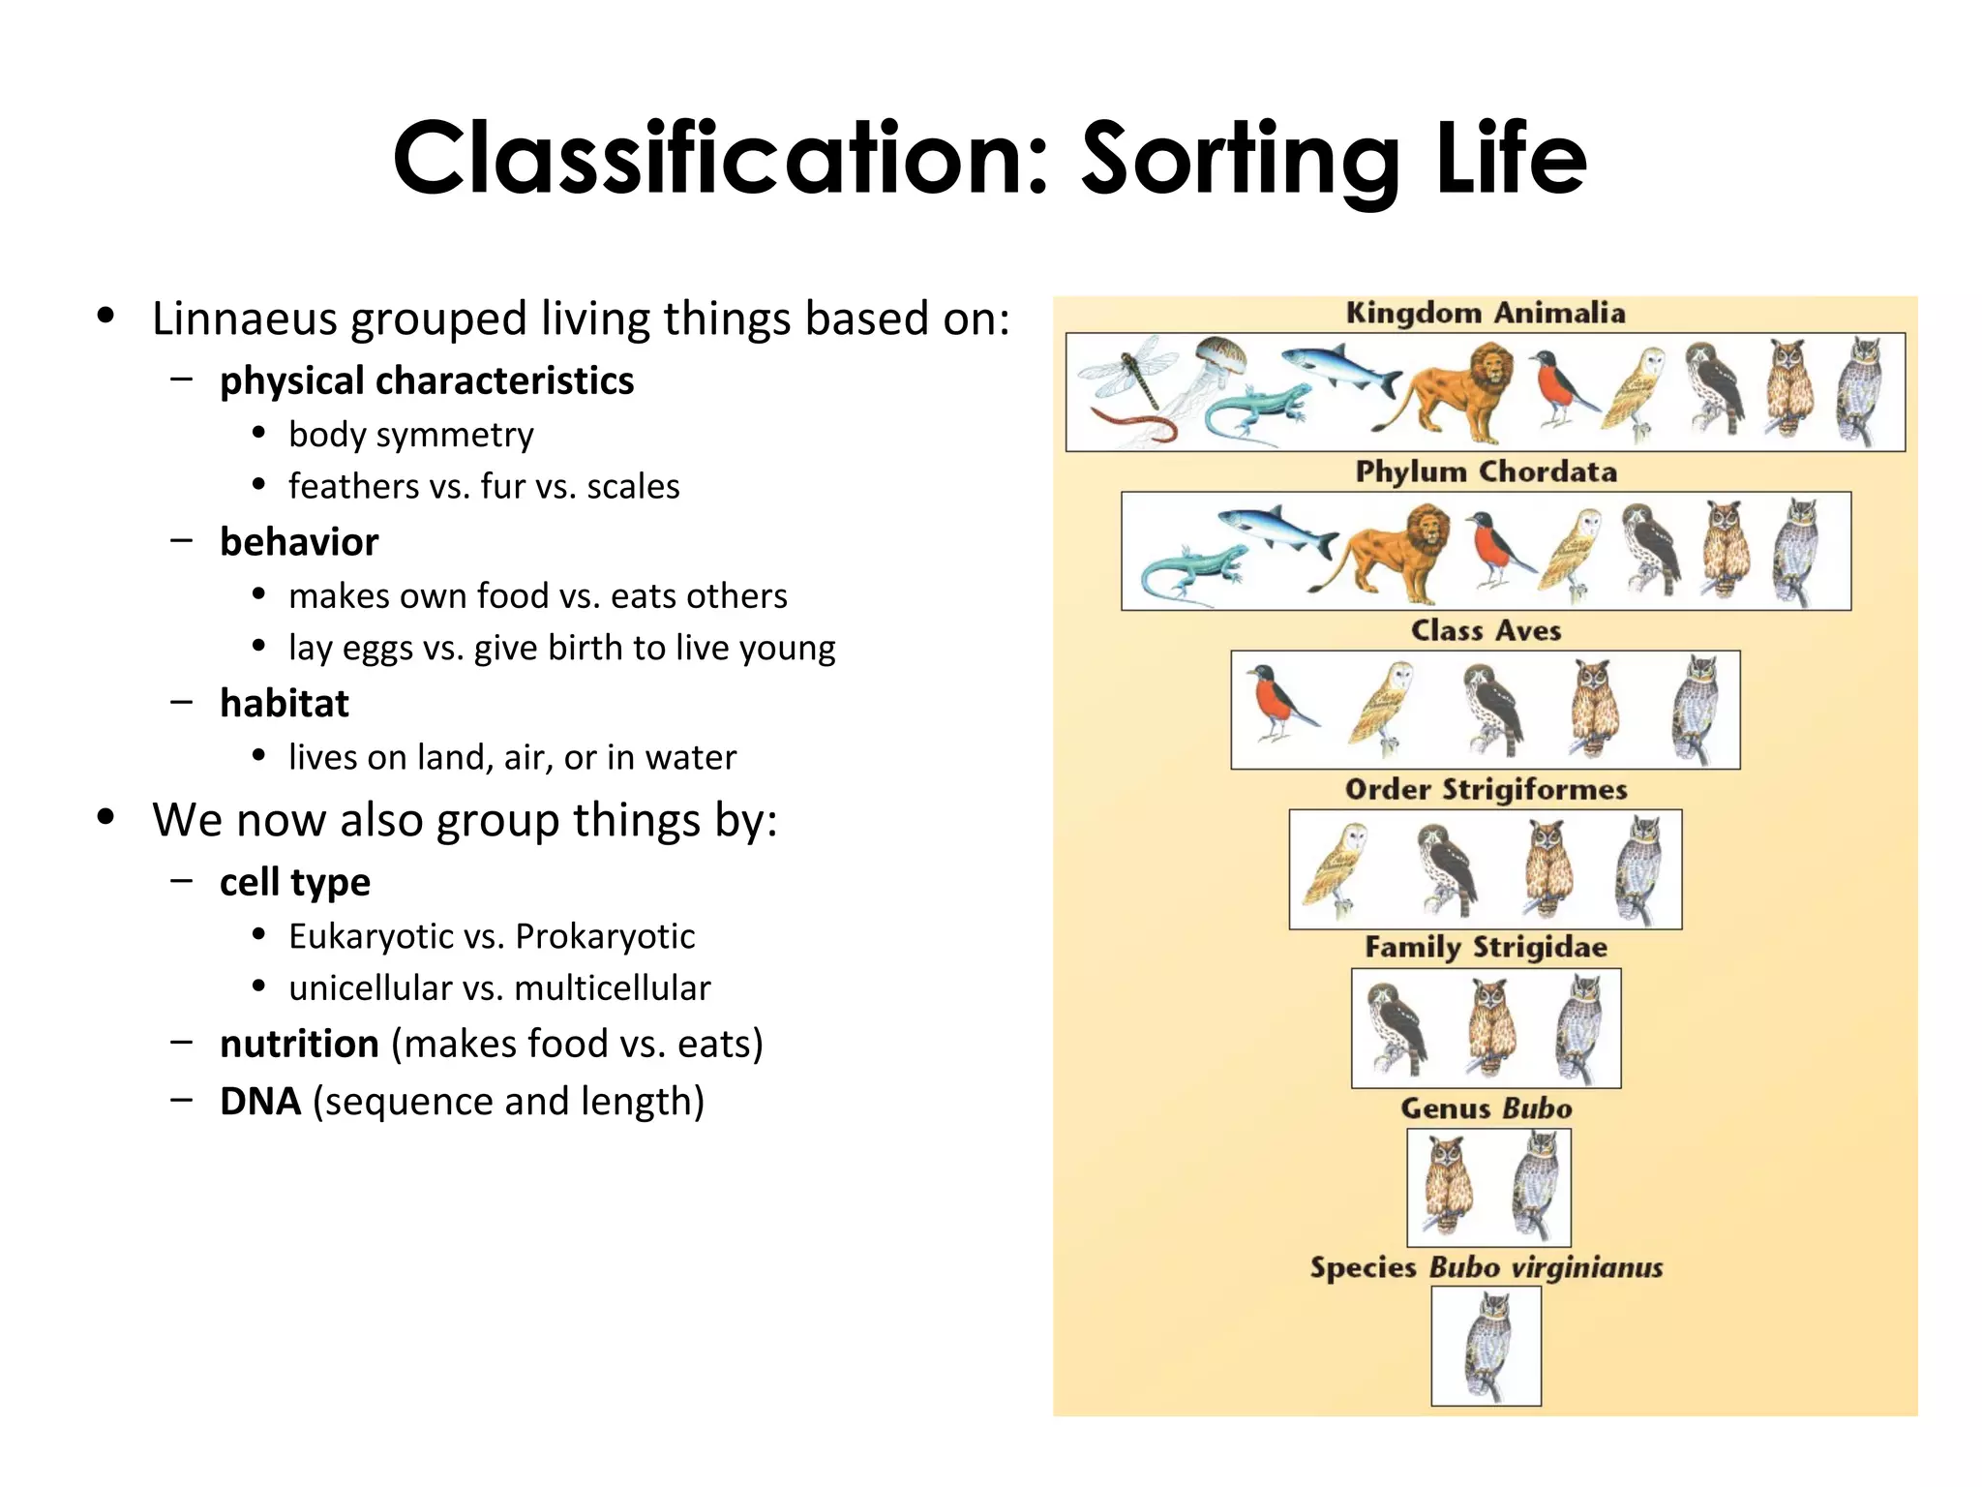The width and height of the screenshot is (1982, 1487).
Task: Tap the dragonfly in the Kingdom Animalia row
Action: tap(1128, 372)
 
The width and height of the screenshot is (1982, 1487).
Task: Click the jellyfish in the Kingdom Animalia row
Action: tap(1216, 364)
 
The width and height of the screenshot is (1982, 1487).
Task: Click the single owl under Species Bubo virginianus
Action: tap(1486, 1346)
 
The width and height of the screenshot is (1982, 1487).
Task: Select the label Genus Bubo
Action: tap(1486, 1108)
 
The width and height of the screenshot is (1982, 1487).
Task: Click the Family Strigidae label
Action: tap(1486, 947)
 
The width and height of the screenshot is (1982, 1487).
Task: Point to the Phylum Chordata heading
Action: tap(1486, 471)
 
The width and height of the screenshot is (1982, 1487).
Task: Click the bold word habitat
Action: tap(284, 703)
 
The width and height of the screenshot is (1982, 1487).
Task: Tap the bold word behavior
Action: tap(299, 542)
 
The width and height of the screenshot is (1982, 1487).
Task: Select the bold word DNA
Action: tap(260, 1102)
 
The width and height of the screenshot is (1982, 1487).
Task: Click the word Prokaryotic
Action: tap(605, 936)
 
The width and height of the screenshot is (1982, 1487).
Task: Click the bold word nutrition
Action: tap(299, 1044)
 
